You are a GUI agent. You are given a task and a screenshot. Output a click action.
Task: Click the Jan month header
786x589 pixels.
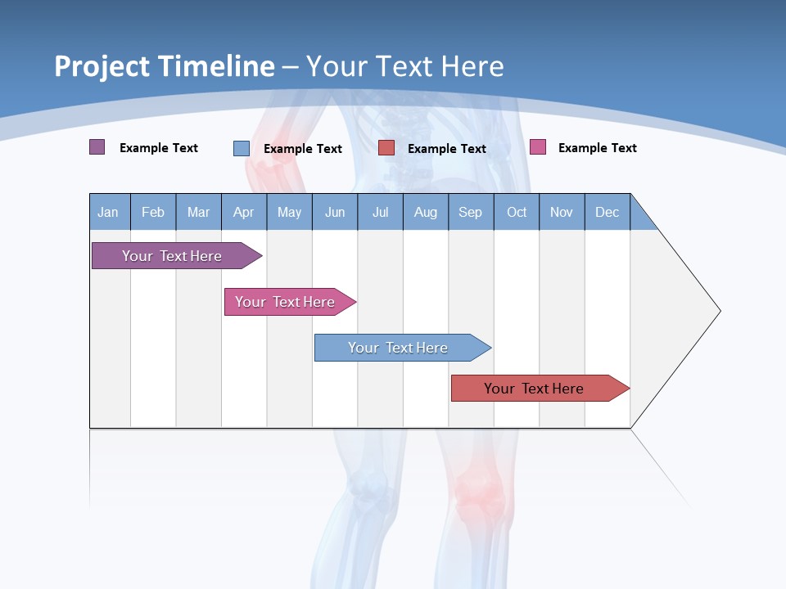click(108, 212)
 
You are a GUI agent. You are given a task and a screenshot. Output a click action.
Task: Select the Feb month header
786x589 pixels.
click(153, 212)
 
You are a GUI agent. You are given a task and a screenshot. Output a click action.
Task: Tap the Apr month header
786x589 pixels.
click(243, 212)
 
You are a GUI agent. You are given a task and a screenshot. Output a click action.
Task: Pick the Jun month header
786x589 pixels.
click(335, 212)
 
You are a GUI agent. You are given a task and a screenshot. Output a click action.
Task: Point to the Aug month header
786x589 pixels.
click(425, 212)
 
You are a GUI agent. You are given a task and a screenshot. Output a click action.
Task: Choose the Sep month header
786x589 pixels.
click(470, 212)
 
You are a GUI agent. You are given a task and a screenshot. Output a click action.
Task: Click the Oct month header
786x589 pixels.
click(517, 212)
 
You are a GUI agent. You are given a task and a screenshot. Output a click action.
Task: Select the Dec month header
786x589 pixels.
click(607, 212)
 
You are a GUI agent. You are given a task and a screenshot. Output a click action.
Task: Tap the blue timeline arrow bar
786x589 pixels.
click(399, 348)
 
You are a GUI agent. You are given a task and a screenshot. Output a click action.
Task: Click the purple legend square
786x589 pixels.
click(97, 147)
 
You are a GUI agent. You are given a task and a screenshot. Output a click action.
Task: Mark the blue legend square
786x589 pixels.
click(242, 148)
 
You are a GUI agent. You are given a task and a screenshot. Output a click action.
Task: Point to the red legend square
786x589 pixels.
click(386, 148)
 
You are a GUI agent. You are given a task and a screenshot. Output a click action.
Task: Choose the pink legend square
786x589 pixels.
click(538, 147)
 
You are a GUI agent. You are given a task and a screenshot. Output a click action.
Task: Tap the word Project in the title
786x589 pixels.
click(102, 66)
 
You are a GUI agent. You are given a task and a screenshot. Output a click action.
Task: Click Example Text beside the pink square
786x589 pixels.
click(597, 148)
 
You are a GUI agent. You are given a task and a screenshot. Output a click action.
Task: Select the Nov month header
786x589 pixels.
click(562, 212)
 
